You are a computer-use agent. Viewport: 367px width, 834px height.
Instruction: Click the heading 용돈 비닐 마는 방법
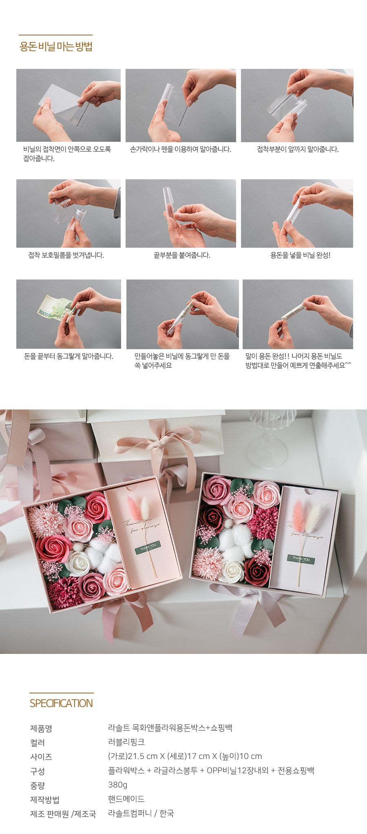(x=56, y=46)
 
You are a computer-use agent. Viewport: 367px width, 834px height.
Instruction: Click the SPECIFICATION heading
(x=61, y=703)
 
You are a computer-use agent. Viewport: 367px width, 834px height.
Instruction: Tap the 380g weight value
(x=118, y=784)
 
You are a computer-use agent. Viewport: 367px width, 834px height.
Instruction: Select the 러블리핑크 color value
(x=126, y=742)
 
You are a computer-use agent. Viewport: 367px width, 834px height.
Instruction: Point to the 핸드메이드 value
(x=126, y=799)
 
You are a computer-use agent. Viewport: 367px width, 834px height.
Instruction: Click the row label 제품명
(x=41, y=728)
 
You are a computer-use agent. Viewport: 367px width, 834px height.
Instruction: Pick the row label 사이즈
(x=41, y=757)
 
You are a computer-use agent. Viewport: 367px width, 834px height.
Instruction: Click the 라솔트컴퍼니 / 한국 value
(x=141, y=813)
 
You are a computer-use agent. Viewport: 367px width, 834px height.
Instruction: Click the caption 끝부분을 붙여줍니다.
(x=182, y=255)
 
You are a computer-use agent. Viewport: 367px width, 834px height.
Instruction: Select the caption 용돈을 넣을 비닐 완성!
(x=300, y=255)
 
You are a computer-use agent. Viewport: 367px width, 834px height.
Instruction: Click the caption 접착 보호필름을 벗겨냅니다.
(x=66, y=255)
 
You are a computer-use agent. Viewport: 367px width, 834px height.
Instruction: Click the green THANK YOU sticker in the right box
(x=301, y=559)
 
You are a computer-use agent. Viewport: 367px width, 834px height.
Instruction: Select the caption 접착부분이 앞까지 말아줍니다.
(x=298, y=149)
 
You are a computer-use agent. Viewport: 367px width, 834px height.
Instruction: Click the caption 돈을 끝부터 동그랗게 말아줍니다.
(x=69, y=356)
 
